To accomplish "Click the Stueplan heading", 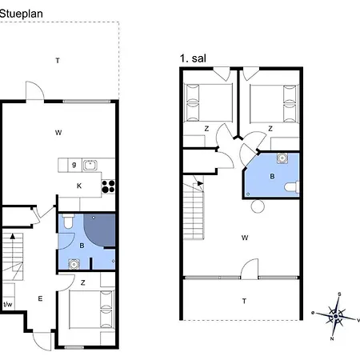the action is [x=21, y=14].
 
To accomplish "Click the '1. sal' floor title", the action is [x=193, y=58].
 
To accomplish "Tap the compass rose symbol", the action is [x=336, y=316].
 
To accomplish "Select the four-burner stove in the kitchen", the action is [x=108, y=186].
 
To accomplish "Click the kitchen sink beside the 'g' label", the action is [x=90, y=165].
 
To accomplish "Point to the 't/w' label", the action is [x=8, y=304].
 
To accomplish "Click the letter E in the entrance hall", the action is [x=40, y=298].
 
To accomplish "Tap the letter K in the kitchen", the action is [x=79, y=186].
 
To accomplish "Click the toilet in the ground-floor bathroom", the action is [x=68, y=221].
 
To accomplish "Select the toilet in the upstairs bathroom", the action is [x=292, y=186].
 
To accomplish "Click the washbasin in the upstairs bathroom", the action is [x=282, y=158].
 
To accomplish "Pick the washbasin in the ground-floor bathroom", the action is [x=74, y=264].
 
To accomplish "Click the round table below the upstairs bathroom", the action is [x=258, y=206].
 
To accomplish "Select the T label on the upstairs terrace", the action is [x=244, y=302].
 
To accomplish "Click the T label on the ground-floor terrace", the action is [x=58, y=61].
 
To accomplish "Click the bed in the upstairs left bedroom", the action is [x=209, y=103].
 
